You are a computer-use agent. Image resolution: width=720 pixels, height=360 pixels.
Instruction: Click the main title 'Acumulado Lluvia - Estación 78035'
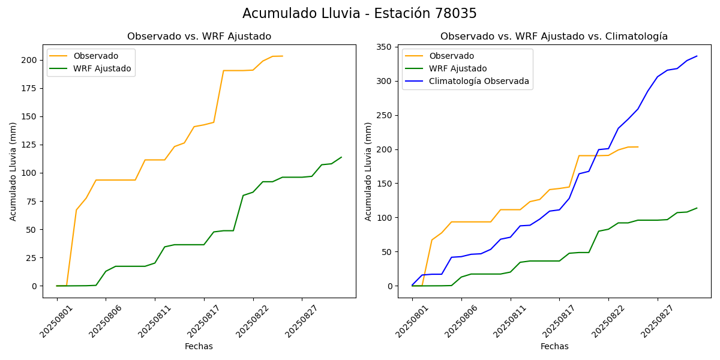(x=359, y=14)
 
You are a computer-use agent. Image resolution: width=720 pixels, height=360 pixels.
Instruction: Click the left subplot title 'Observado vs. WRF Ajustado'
(x=199, y=37)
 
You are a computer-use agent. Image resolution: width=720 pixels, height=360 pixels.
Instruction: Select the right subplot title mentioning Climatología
(x=554, y=37)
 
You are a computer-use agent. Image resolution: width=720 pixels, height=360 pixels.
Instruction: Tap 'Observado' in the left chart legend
(x=95, y=56)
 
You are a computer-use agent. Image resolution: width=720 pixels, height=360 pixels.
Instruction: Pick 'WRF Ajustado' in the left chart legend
(x=102, y=68)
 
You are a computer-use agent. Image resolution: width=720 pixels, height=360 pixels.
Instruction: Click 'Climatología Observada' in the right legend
(x=479, y=81)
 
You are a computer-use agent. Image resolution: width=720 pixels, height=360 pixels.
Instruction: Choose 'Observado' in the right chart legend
(x=451, y=56)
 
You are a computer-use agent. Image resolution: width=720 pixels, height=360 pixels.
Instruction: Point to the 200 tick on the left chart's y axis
(x=29, y=60)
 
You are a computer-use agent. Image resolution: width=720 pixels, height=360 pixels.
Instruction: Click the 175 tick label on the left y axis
(x=29, y=88)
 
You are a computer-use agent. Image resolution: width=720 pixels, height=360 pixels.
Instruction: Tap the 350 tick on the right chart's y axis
(x=385, y=47)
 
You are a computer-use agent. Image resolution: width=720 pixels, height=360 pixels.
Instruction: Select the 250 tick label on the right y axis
(x=385, y=115)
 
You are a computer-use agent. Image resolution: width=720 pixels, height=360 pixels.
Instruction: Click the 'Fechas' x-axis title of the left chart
(x=199, y=346)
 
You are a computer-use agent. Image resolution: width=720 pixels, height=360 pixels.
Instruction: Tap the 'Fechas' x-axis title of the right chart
(x=554, y=346)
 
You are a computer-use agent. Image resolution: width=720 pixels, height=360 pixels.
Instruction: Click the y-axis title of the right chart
(x=368, y=172)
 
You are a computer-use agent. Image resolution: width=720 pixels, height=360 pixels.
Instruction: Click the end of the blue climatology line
(x=697, y=56)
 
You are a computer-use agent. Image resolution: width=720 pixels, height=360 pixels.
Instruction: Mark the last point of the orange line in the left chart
(x=283, y=56)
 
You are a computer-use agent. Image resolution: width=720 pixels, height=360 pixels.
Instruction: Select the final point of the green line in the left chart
(x=341, y=157)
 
